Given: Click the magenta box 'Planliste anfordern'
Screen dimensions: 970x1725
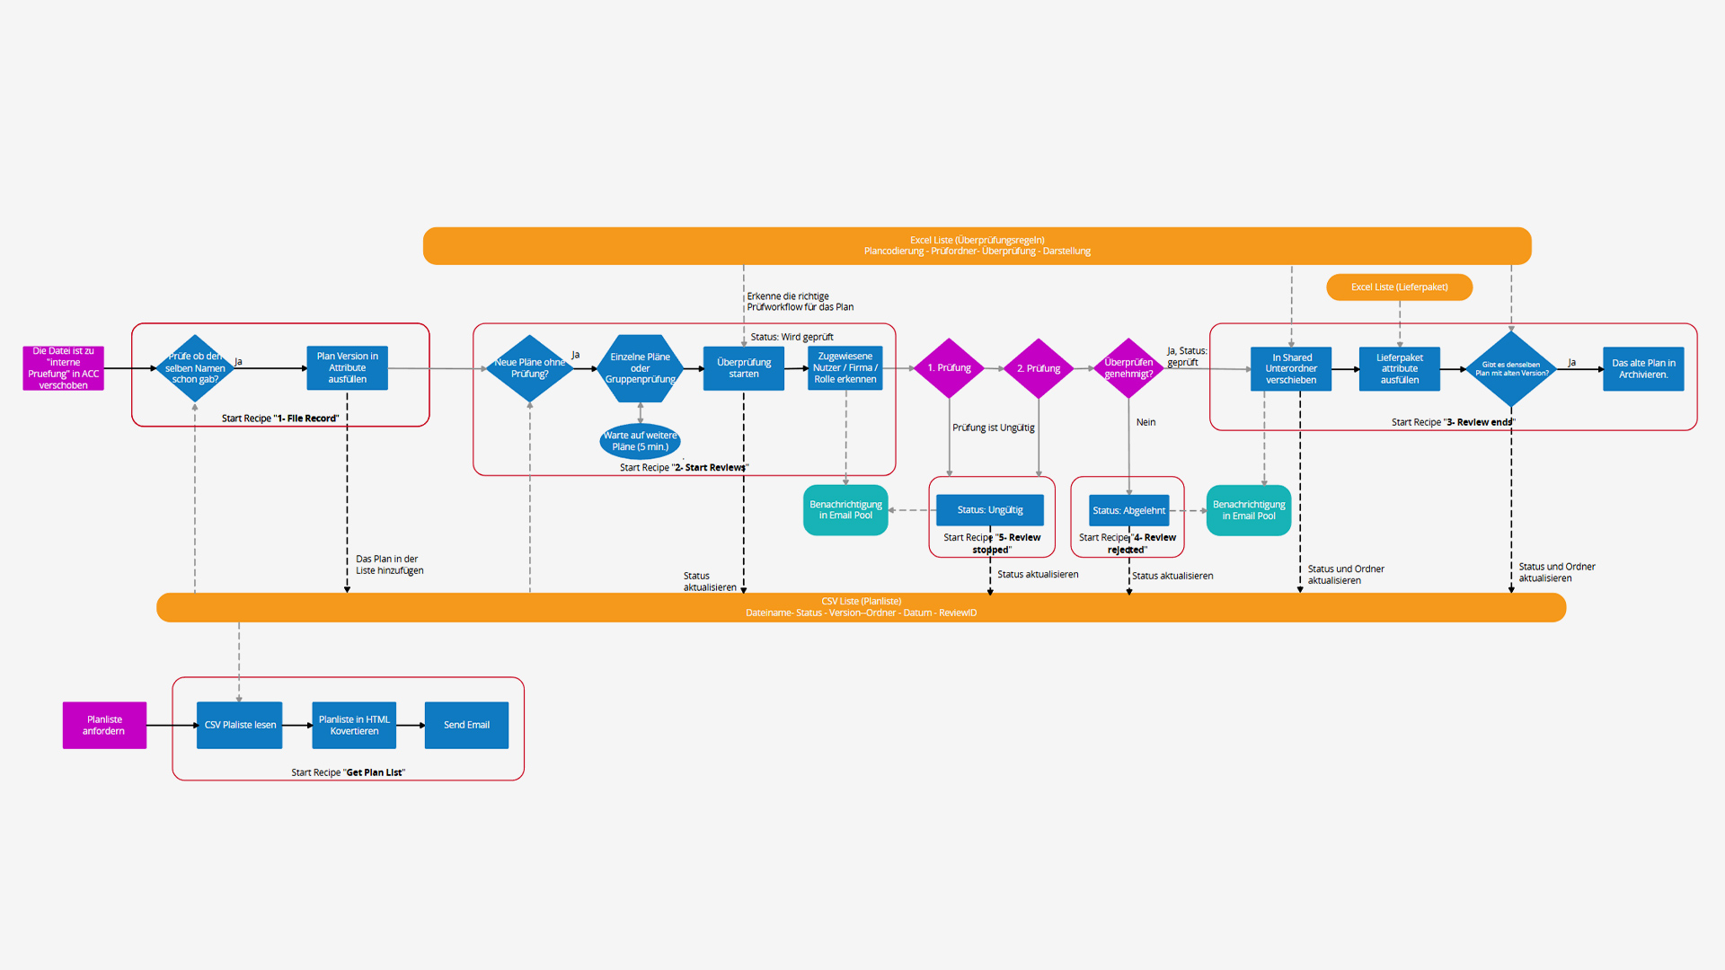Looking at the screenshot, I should pyautogui.click(x=104, y=725).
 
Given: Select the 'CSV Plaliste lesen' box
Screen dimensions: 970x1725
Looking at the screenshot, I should pyautogui.click(x=240, y=725).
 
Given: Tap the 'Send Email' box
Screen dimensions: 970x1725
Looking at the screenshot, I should pyautogui.click(x=466, y=725).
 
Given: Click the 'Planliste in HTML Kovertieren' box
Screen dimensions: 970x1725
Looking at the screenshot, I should pyautogui.click(x=354, y=725).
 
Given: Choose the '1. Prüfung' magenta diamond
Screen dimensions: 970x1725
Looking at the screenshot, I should pyautogui.click(x=949, y=368).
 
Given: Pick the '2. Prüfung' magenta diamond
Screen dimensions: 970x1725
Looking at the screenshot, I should pyautogui.click(x=1039, y=368).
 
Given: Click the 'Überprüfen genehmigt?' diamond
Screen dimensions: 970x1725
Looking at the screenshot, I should pyautogui.click(x=1128, y=368).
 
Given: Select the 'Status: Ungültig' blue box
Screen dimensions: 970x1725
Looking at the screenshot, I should pyautogui.click(x=990, y=510).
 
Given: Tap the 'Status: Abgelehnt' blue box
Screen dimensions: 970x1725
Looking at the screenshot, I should pyautogui.click(x=1129, y=510).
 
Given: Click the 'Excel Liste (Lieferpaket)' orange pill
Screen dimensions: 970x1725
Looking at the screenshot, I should pyautogui.click(x=1399, y=287).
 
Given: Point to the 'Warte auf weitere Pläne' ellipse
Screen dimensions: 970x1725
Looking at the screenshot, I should pyautogui.click(x=640, y=441).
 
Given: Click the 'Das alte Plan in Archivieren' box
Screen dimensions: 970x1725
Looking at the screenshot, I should pyautogui.click(x=1643, y=369).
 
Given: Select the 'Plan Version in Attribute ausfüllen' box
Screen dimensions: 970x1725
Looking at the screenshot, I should pyautogui.click(x=347, y=368).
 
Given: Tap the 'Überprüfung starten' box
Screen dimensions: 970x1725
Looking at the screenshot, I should pyautogui.click(x=744, y=368).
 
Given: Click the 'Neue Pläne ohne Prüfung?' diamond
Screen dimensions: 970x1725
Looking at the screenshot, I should pyautogui.click(x=530, y=368).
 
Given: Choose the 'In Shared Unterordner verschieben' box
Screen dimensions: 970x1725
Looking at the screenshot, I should pyautogui.click(x=1291, y=369).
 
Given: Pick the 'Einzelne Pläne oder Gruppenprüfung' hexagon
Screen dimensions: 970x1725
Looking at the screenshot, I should pyautogui.click(x=640, y=368).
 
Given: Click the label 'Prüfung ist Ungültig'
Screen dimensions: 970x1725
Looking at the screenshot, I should pyautogui.click(x=993, y=428).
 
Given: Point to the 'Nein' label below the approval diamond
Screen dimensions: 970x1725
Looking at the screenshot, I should pyautogui.click(x=1146, y=422).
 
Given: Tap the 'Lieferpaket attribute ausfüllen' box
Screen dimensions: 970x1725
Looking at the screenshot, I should pyautogui.click(x=1399, y=369).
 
